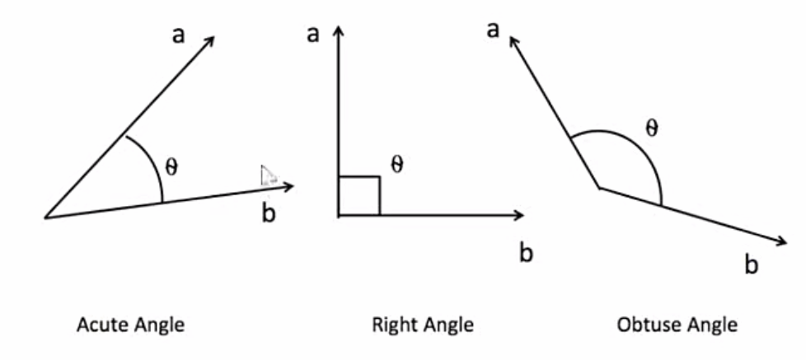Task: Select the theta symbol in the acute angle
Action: click(x=171, y=166)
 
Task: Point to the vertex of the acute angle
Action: click(x=45, y=217)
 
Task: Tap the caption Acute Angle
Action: click(x=130, y=325)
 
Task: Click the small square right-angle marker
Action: click(x=358, y=196)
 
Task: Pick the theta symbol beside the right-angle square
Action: click(x=397, y=166)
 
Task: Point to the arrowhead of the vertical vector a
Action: click(x=338, y=30)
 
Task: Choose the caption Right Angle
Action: click(x=423, y=325)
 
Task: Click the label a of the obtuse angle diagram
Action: click(x=494, y=31)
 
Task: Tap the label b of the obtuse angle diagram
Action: click(x=751, y=264)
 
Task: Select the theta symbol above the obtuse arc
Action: click(x=651, y=129)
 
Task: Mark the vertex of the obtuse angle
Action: click(x=599, y=188)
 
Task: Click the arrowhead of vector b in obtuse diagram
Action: click(x=781, y=241)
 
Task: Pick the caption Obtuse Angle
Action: click(x=677, y=325)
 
